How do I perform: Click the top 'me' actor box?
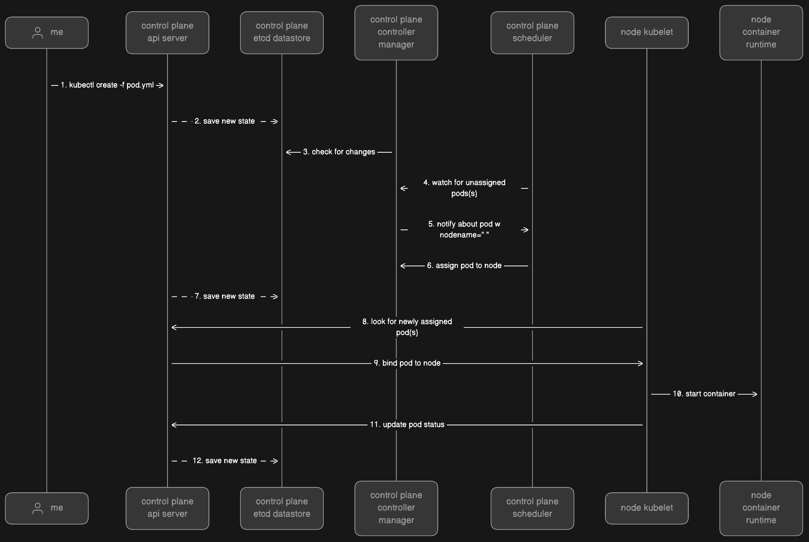click(x=47, y=33)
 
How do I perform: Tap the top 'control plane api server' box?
click(x=167, y=33)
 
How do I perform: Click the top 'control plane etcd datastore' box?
click(x=282, y=33)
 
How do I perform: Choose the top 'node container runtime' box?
click(x=761, y=33)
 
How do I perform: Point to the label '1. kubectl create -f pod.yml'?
click(x=107, y=85)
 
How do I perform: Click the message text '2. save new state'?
click(x=225, y=121)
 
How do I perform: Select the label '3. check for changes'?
click(x=339, y=152)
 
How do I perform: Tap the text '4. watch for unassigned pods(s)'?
click(x=464, y=188)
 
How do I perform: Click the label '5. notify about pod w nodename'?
click(x=464, y=229)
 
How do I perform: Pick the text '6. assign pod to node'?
click(x=464, y=266)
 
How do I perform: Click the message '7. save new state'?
click(x=225, y=296)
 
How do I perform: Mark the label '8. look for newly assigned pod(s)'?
click(x=407, y=327)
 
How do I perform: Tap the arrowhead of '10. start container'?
click(x=755, y=394)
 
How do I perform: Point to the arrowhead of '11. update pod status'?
click(x=174, y=425)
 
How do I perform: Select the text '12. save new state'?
click(x=225, y=461)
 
